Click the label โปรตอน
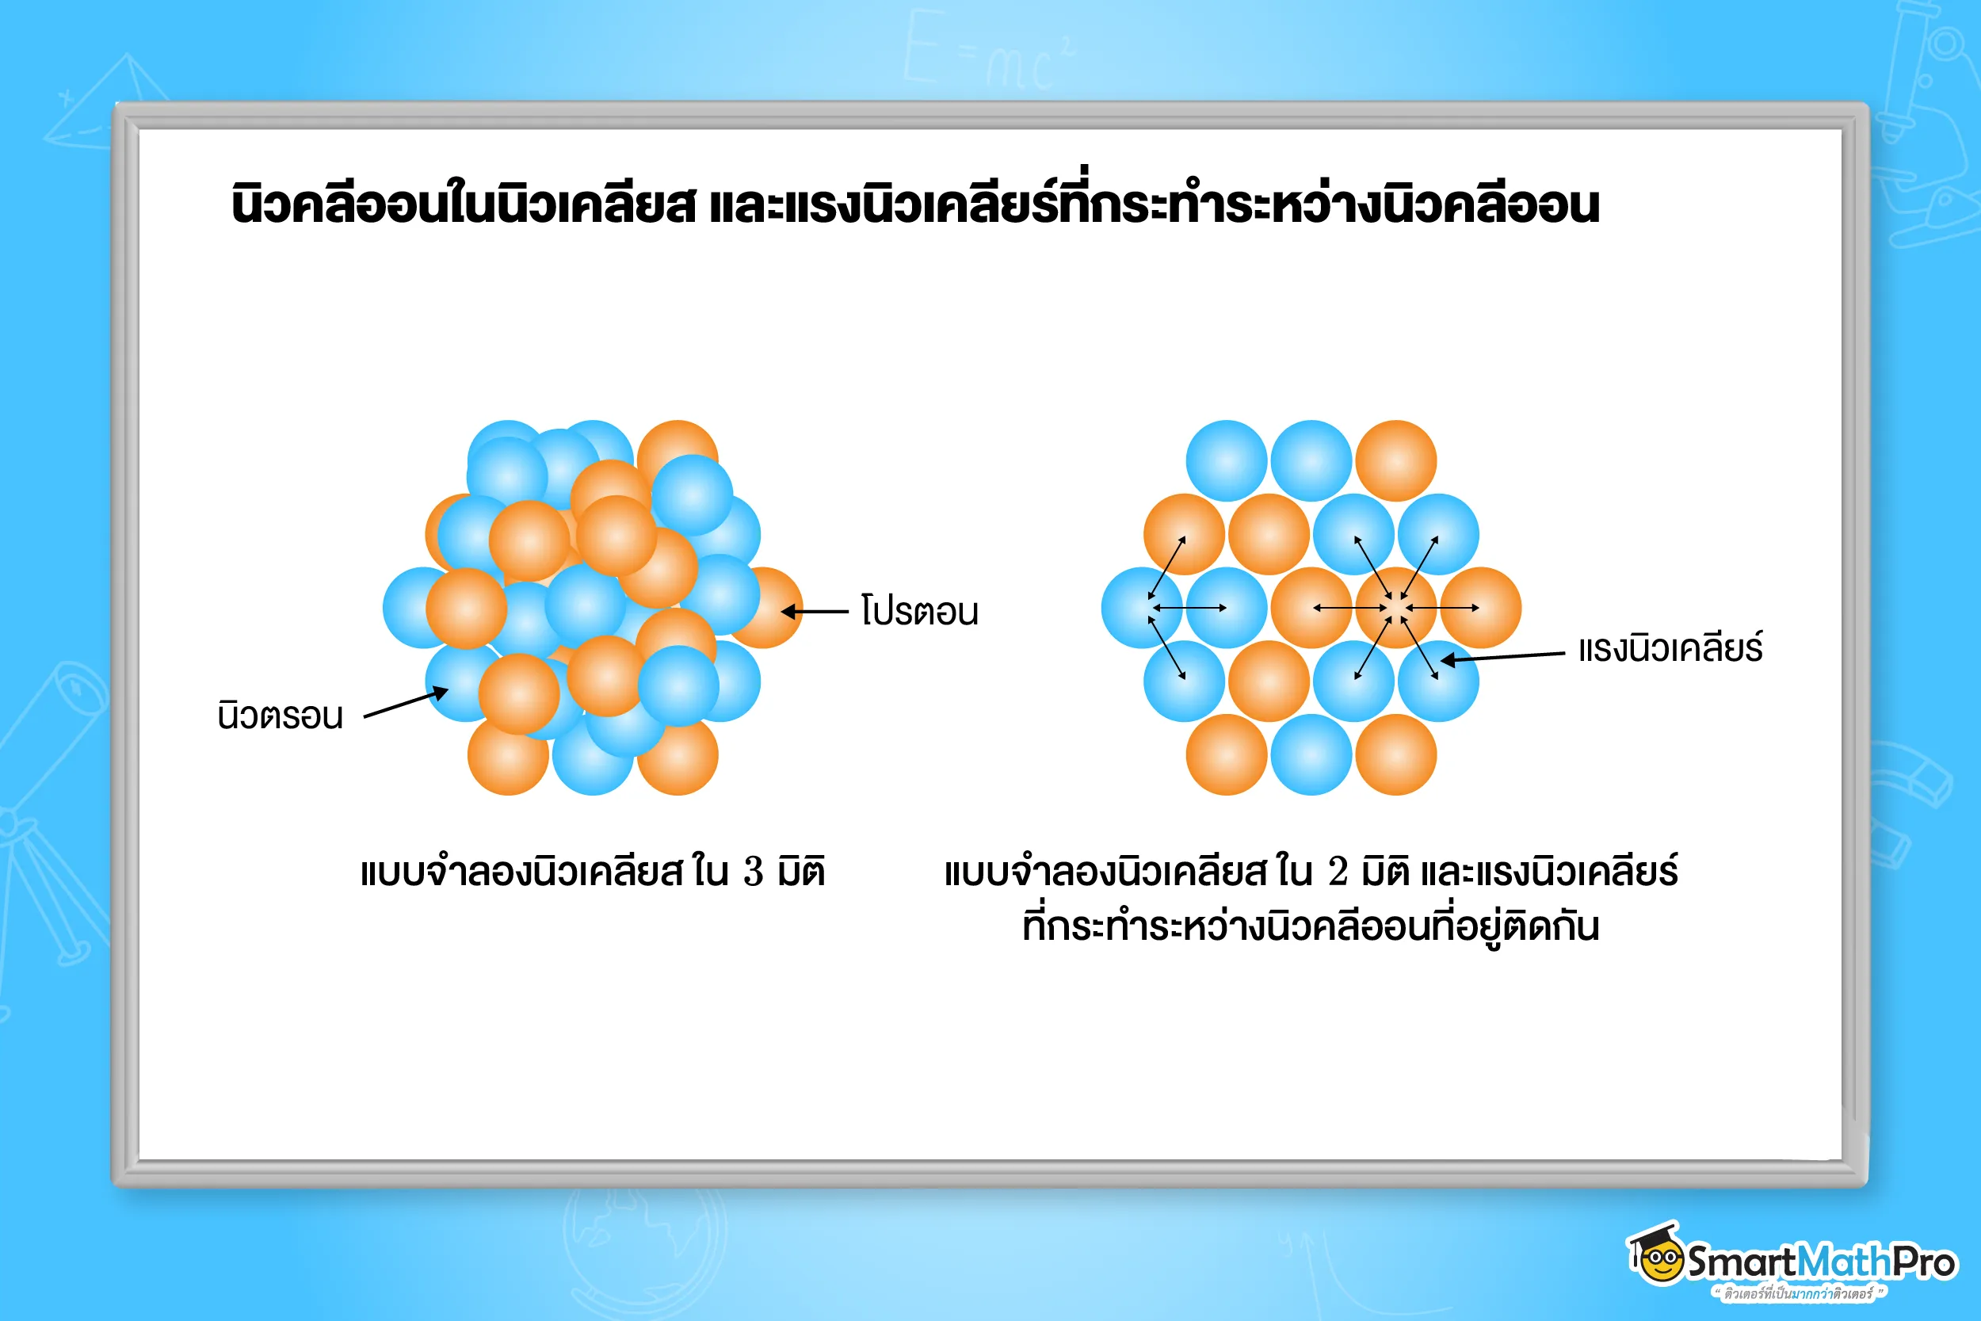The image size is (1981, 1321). pyautogui.click(x=919, y=611)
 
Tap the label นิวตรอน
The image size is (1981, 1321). pyautogui.click(x=281, y=716)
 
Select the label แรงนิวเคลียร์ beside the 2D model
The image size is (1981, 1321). pyautogui.click(x=1670, y=649)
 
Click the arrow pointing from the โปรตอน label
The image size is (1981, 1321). pyautogui.click(x=815, y=612)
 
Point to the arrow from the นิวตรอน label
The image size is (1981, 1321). pyautogui.click(x=406, y=704)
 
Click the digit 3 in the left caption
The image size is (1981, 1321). pyautogui.click(x=752, y=872)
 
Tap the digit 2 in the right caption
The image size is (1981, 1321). pyautogui.click(x=1337, y=872)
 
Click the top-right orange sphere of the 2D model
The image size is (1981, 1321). pyautogui.click(x=1395, y=461)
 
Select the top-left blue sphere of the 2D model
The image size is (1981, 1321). pyautogui.click(x=1227, y=461)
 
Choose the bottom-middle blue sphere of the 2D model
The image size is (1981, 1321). pyautogui.click(x=1311, y=755)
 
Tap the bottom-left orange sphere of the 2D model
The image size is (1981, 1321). pyautogui.click(x=1227, y=755)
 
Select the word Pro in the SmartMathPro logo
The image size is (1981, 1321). pyautogui.click(x=1924, y=1262)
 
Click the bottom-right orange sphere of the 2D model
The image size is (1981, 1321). pyautogui.click(x=1395, y=755)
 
